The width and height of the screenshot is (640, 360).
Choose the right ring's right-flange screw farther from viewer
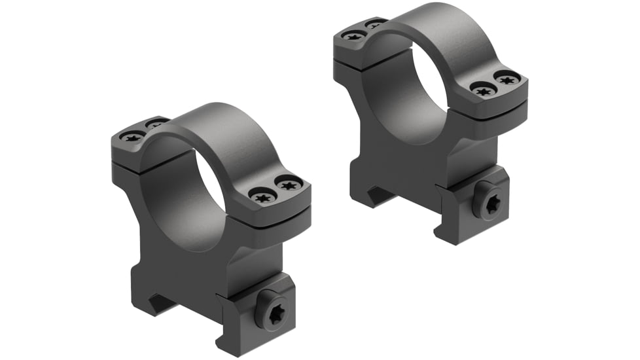[x=507, y=78]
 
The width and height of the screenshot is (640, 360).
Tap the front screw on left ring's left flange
[x=133, y=135]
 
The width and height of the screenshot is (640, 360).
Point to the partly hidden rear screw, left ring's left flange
[x=154, y=123]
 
